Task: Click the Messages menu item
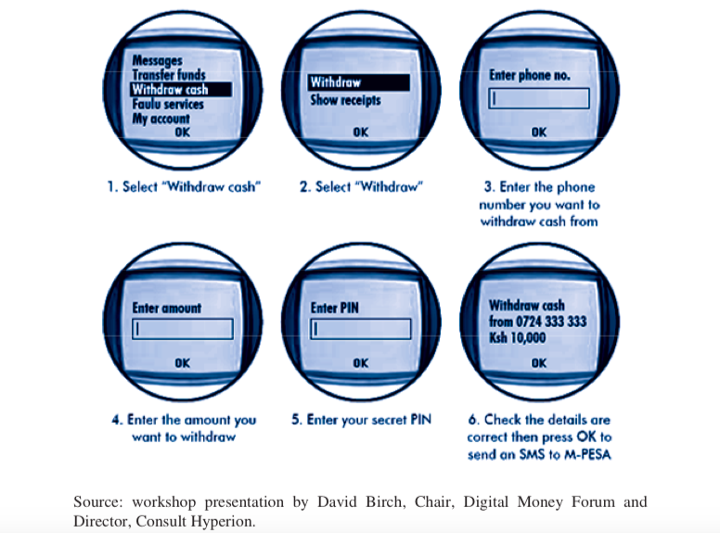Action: [x=157, y=61]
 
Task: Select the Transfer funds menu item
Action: [x=168, y=75]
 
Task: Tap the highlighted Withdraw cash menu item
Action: [x=169, y=90]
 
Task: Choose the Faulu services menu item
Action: [x=167, y=105]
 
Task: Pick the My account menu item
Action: [x=161, y=119]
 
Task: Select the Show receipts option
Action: [x=345, y=100]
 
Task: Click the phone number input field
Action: [x=539, y=99]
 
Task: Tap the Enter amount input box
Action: [x=181, y=328]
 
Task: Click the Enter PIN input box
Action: [x=360, y=328]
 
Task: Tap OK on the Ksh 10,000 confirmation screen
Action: [x=539, y=363]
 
